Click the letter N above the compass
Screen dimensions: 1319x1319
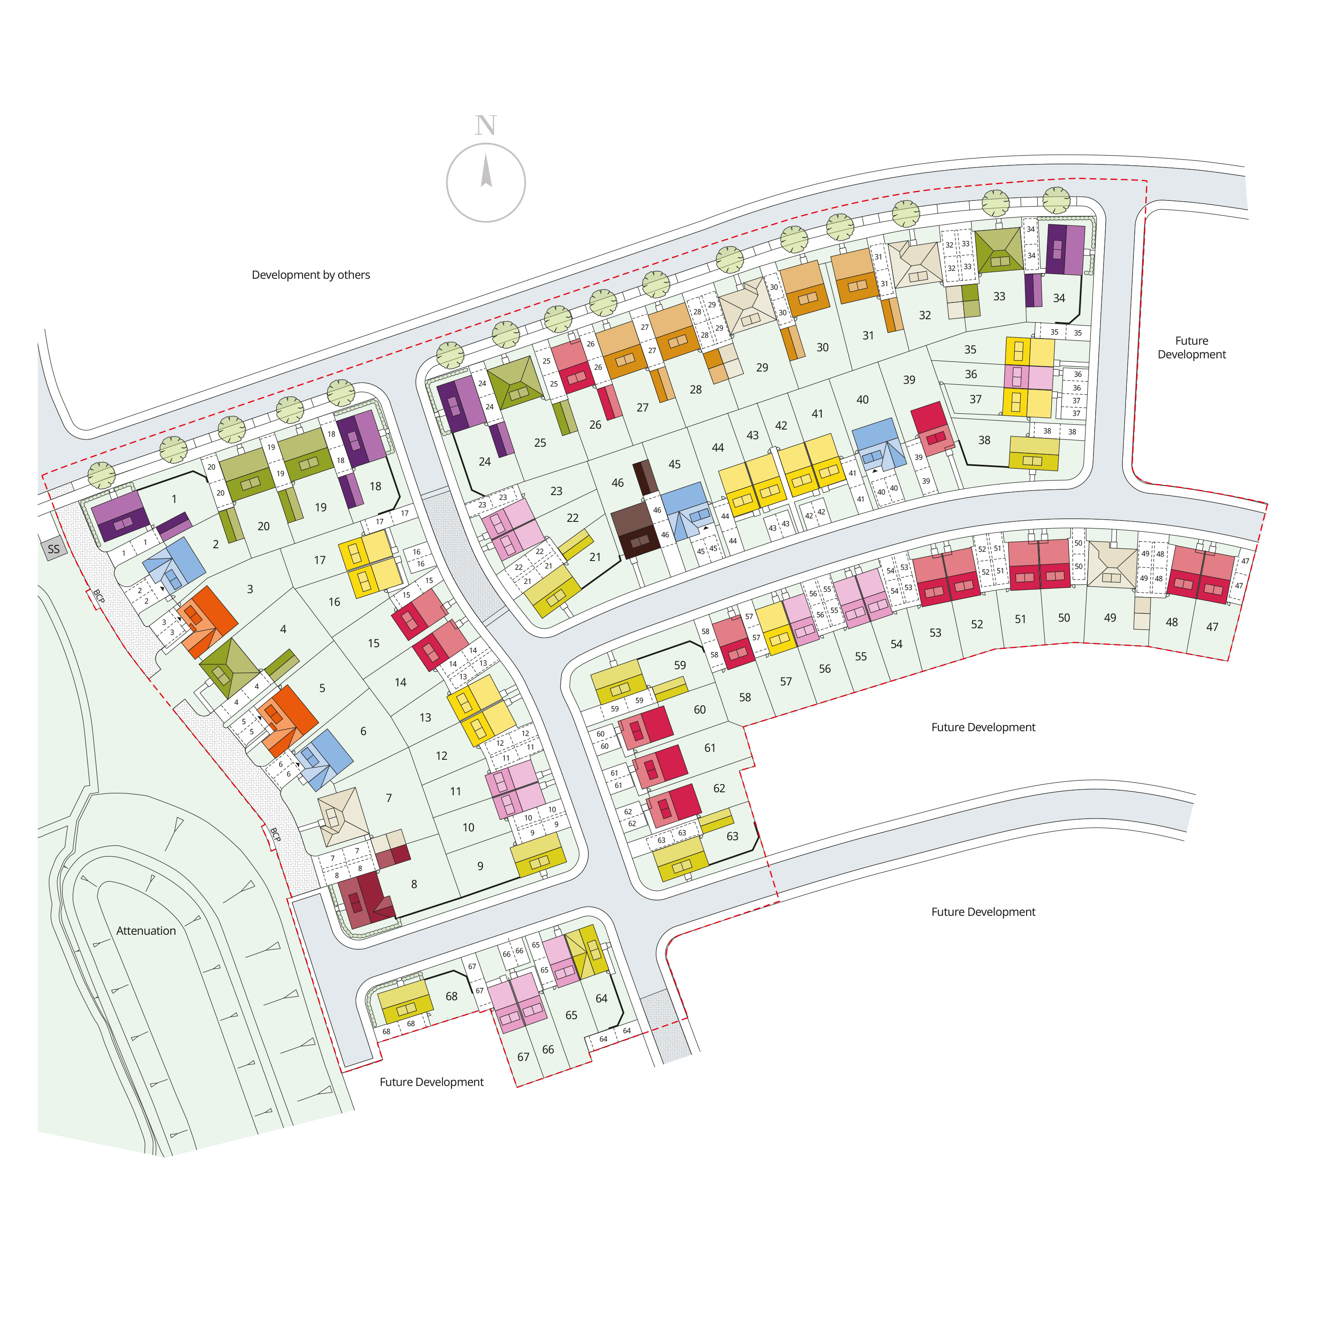pos(485,126)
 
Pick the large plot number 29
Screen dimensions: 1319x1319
pos(762,367)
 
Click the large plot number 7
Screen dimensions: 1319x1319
pos(389,798)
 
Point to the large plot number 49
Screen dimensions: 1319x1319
pos(1110,617)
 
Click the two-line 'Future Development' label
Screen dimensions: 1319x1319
pos(1191,347)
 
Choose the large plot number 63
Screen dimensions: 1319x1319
pos(732,836)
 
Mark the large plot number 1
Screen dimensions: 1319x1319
pos(174,499)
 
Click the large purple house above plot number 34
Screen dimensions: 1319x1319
pos(1065,250)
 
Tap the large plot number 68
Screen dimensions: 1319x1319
pos(451,996)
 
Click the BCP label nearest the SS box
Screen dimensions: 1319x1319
pos(99,598)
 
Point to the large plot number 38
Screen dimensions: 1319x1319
pos(984,441)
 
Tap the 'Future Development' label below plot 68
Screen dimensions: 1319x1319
pos(431,1082)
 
